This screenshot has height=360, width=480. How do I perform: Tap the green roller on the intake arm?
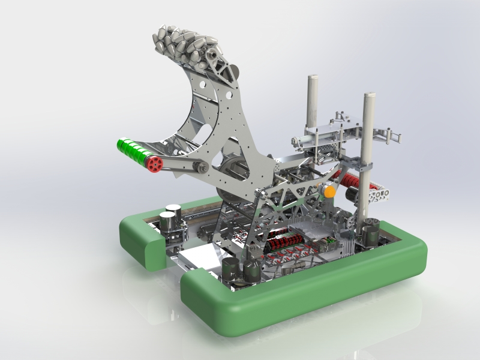click(x=133, y=150)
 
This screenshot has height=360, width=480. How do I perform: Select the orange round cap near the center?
click(x=329, y=191)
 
